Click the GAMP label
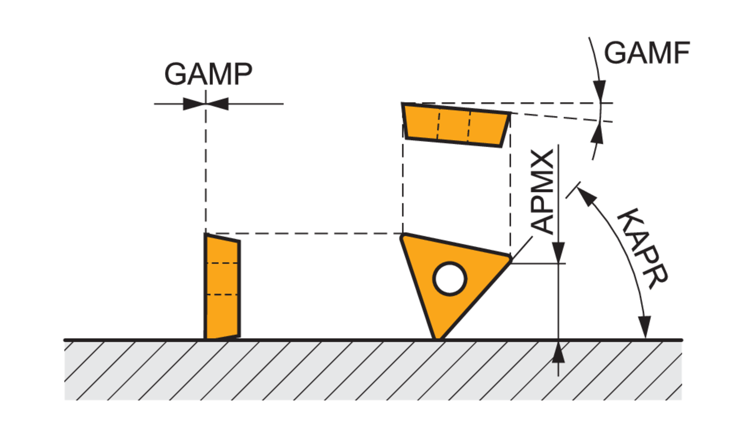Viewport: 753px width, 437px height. [x=208, y=74]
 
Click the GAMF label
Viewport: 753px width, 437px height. [x=647, y=53]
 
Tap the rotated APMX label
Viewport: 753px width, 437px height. [x=543, y=192]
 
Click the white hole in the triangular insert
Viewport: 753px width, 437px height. [x=450, y=278]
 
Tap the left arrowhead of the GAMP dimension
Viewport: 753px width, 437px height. [x=194, y=104]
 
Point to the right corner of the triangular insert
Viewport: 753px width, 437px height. [x=510, y=258]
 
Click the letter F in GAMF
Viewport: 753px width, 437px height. [x=681, y=53]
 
